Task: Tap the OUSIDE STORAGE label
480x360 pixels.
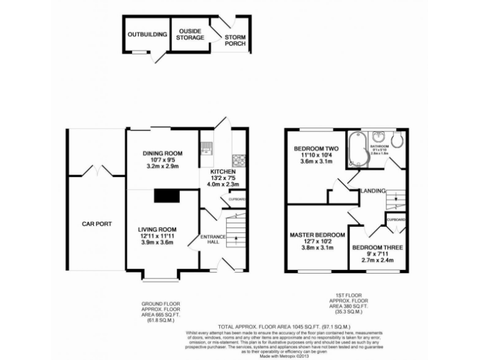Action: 190,34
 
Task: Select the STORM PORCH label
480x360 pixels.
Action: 235,41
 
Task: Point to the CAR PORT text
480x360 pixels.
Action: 96,223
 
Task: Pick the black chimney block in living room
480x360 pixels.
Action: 167,196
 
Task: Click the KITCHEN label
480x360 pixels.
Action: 222,171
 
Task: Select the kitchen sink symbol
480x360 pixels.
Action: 206,149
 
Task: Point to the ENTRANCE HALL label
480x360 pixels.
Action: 212,240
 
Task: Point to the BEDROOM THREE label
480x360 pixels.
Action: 377,247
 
